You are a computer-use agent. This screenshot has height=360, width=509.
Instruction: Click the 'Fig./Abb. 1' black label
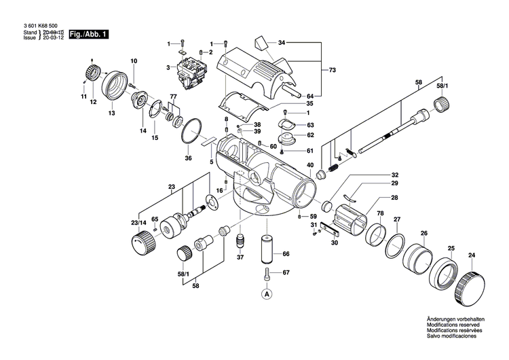[x=90, y=34]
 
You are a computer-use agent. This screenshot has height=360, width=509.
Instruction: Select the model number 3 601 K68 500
[x=39, y=25]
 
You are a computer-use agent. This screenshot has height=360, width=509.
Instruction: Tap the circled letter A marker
[x=267, y=293]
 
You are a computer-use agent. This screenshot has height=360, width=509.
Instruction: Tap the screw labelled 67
[x=267, y=275]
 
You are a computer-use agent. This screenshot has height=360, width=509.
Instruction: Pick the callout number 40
[x=310, y=164]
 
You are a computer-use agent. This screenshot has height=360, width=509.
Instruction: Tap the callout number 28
[x=394, y=198]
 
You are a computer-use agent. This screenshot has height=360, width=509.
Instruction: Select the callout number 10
[x=134, y=62]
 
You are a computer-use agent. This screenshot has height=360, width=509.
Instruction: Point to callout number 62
[x=310, y=134]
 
